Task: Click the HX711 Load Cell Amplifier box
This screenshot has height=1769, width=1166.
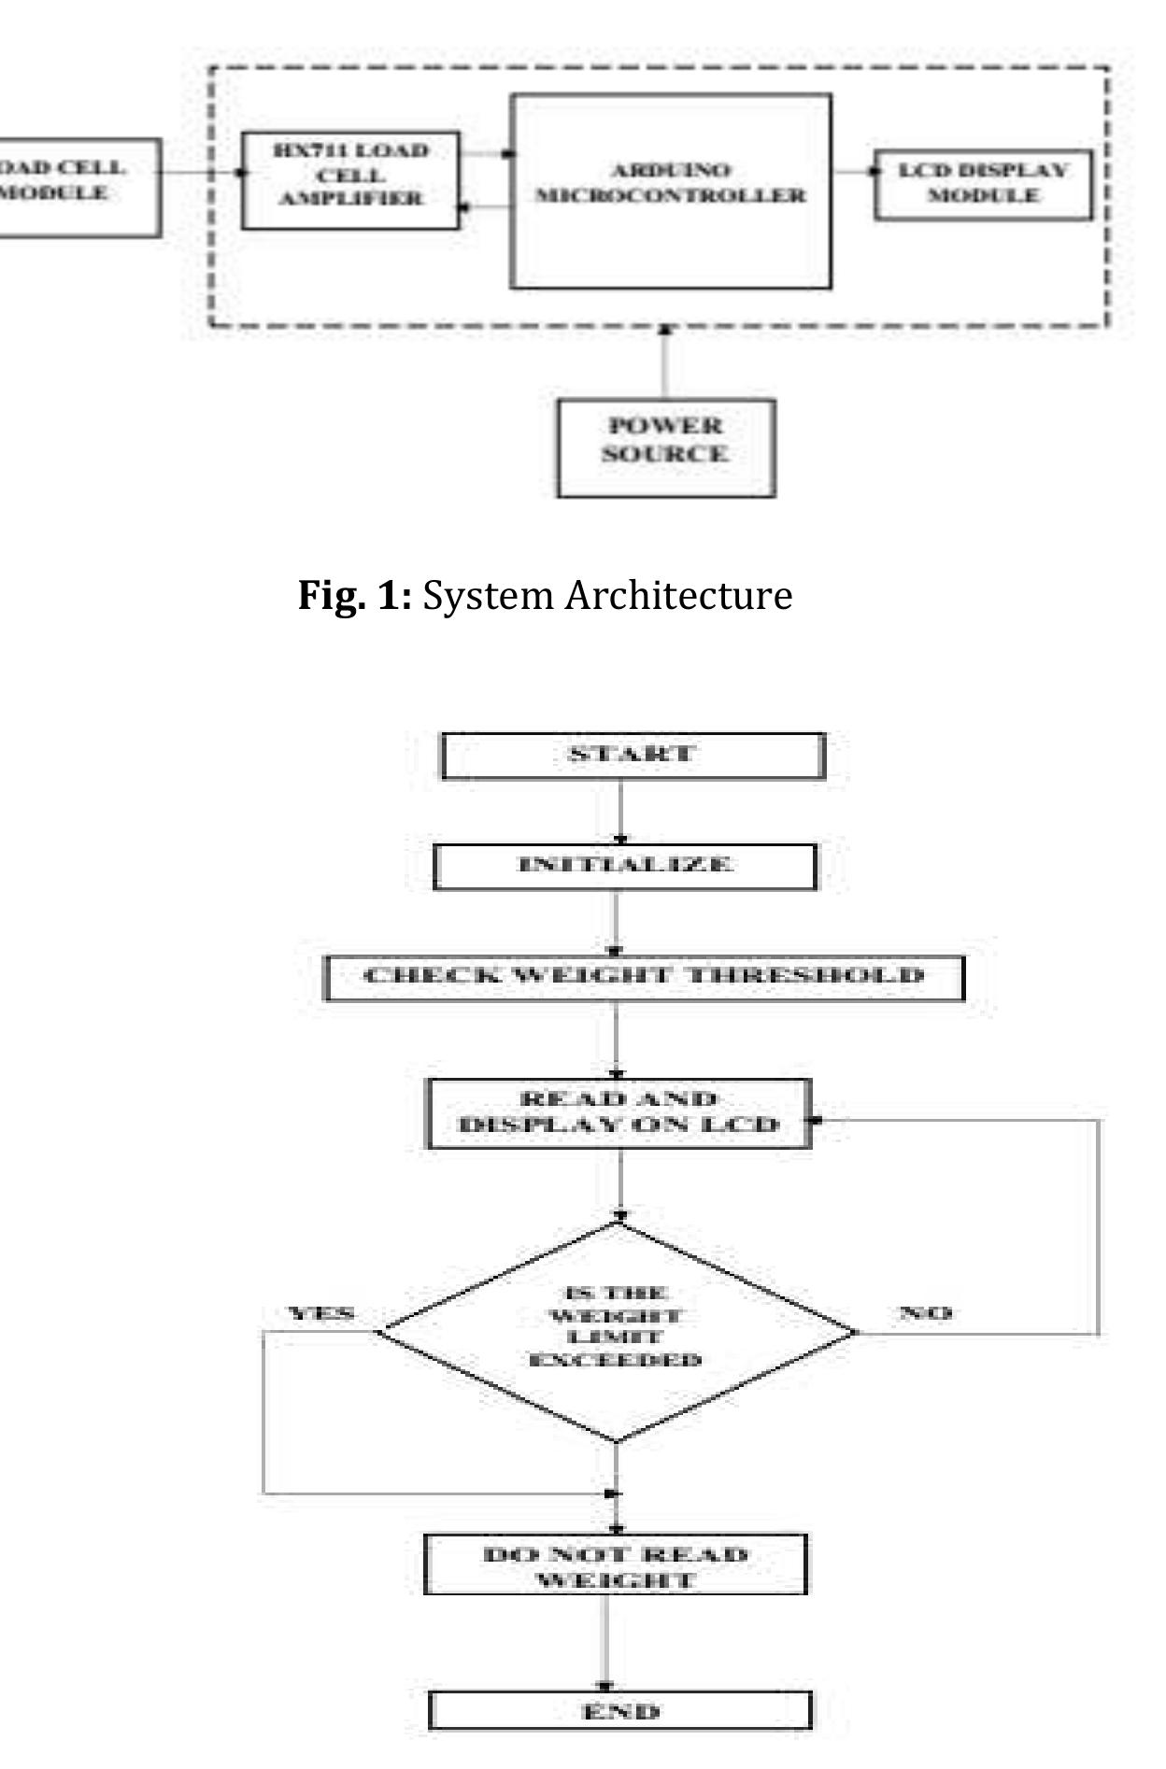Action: click(x=350, y=180)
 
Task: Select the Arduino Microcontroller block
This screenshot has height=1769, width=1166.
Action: click(x=670, y=191)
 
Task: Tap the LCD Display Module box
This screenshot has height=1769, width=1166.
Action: click(x=982, y=184)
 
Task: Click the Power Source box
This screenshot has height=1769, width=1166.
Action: click(x=665, y=447)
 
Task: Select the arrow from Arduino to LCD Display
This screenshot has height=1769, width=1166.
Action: click(x=852, y=172)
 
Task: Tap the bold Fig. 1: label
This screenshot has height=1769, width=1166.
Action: click(x=354, y=595)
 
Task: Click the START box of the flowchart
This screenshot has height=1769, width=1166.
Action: click(x=633, y=755)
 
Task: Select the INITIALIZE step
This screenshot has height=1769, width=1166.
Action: click(x=624, y=866)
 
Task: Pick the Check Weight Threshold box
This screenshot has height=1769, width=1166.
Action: click(x=644, y=977)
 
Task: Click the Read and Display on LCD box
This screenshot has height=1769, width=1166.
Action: click(x=619, y=1112)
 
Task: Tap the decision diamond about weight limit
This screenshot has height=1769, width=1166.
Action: click(x=617, y=1330)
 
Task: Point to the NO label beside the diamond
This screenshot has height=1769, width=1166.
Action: click(x=925, y=1313)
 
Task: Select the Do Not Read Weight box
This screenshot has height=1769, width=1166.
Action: click(x=615, y=1566)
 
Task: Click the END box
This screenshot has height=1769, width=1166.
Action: click(x=620, y=1711)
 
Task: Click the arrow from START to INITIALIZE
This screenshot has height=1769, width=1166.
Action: click(x=620, y=811)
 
